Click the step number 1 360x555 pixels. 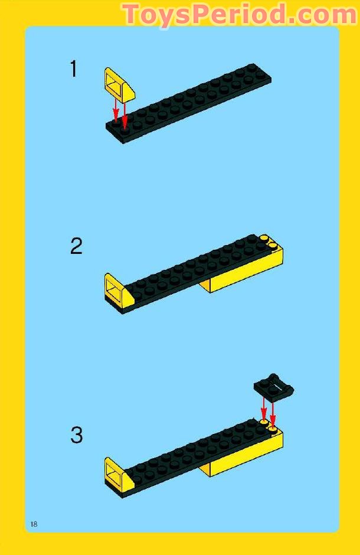coord(74,69)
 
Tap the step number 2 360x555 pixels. coord(76,246)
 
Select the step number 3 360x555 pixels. coord(77,436)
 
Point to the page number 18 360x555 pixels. coord(34,524)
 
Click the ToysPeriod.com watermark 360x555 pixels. coord(239,14)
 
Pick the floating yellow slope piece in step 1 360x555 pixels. coord(120,84)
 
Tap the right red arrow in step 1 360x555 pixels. coord(125,113)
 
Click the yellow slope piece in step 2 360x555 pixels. coord(117,291)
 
